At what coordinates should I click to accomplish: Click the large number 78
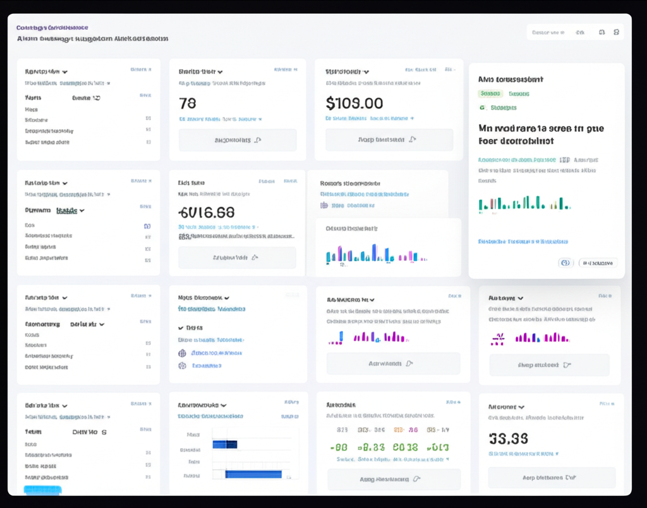tap(188, 103)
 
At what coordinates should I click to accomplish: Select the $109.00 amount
tap(354, 102)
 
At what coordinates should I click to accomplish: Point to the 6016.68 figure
tap(206, 212)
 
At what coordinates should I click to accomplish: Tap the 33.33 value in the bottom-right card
tap(509, 438)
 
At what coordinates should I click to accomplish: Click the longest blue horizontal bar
tap(253, 474)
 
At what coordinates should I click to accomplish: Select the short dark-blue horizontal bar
tap(224, 444)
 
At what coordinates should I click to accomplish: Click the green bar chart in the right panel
tap(524, 203)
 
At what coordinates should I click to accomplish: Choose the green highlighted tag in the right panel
tap(490, 94)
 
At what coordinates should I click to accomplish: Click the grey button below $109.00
tap(389, 140)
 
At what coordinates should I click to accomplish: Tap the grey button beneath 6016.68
tap(236, 257)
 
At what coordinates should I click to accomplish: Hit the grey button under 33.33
tap(551, 478)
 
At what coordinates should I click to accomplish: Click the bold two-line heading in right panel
tap(541, 135)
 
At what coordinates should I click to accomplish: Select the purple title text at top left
tap(52, 28)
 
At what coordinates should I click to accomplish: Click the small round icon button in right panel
tap(565, 263)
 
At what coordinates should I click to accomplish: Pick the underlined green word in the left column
tap(66, 211)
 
